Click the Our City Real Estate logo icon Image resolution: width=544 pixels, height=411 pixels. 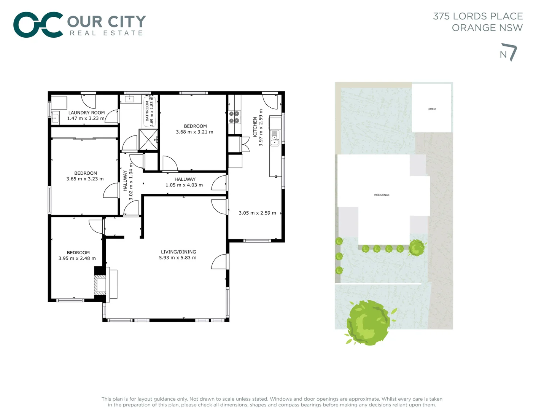tap(38, 25)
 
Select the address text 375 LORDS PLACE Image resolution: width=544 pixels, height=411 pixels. tap(478, 16)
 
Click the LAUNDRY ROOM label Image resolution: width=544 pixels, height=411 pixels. tap(86, 113)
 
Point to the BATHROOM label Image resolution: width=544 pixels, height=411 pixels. tap(147, 111)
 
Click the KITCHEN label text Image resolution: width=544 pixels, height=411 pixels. tap(255, 127)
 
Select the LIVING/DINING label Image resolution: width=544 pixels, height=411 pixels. tap(178, 252)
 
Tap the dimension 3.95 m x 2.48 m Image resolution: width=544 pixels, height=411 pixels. tap(77, 258)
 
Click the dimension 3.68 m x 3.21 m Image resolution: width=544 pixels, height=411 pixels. tap(194, 132)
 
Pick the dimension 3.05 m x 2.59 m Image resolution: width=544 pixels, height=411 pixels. tap(258, 213)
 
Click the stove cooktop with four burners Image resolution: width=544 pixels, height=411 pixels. tap(234, 117)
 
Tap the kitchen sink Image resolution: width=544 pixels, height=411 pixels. tap(274, 138)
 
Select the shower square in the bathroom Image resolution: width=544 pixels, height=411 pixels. tap(148, 140)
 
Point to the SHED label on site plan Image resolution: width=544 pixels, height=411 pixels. tap(432, 109)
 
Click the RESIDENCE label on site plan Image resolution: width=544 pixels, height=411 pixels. tap(382, 195)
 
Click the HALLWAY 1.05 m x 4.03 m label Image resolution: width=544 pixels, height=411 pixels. tap(185, 182)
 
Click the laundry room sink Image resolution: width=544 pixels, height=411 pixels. tap(55, 118)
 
